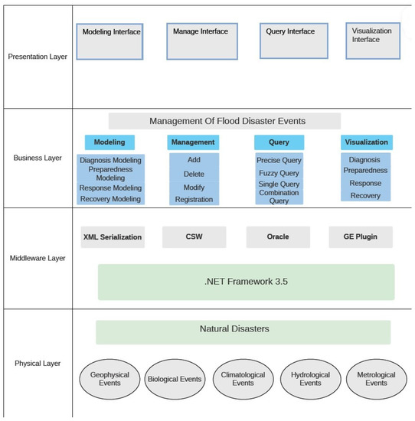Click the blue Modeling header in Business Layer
pyautogui.click(x=109, y=142)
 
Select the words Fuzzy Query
pyautogui.click(x=279, y=174)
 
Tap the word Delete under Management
pyautogui.click(x=194, y=174)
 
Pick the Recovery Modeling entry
pyautogui.click(x=110, y=199)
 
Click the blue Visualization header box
pyautogui.click(x=366, y=142)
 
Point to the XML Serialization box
pyautogui.click(x=112, y=237)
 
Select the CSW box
pyautogui.click(x=194, y=237)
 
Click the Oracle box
pyautogui.click(x=277, y=237)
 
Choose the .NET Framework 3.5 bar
pyautogui.click(x=246, y=282)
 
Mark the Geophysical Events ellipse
pyautogui.click(x=109, y=379)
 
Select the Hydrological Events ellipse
pyautogui.click(x=310, y=379)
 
